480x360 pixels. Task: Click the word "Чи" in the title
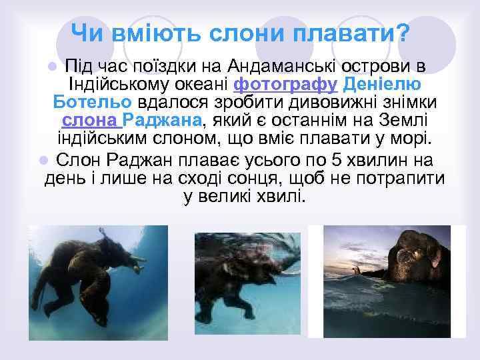tap(85, 31)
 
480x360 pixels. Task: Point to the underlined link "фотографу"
tap(287, 85)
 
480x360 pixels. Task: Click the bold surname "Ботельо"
tap(93, 103)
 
